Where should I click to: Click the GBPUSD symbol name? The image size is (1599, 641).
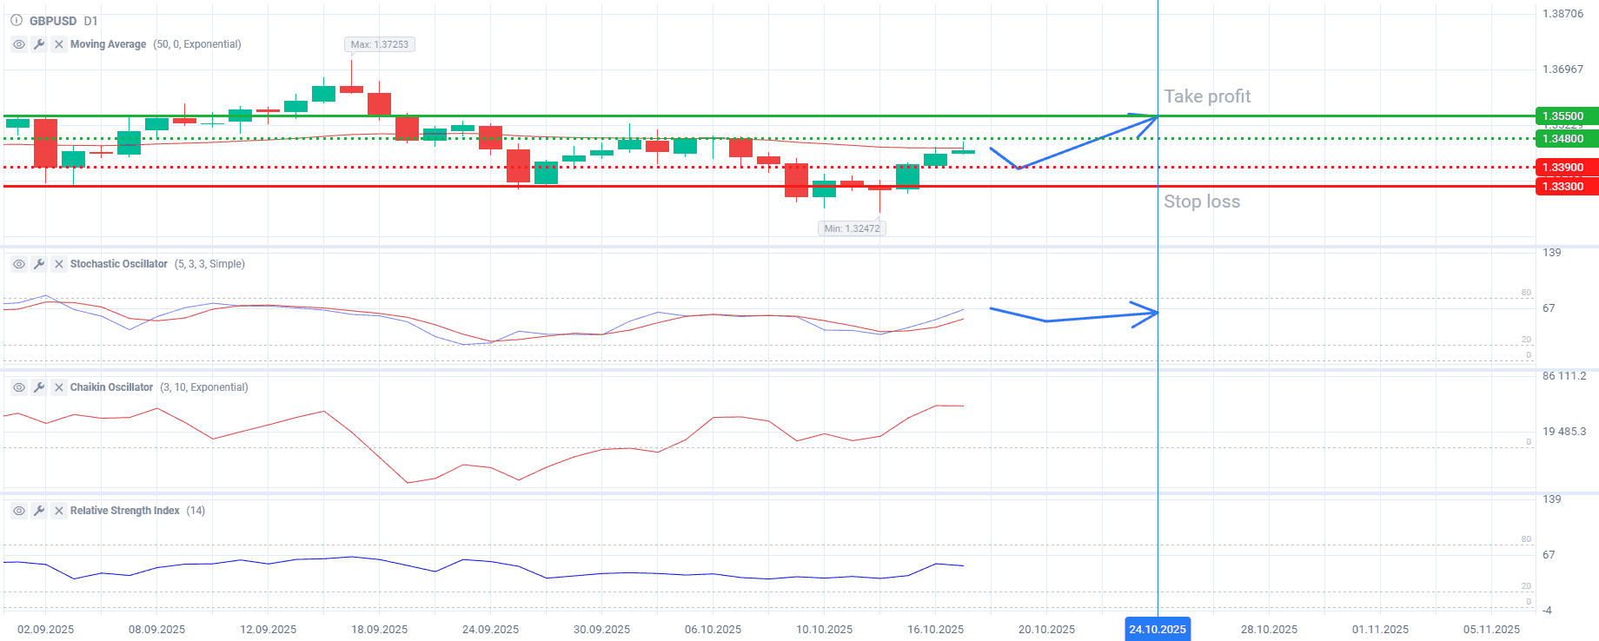pyautogui.click(x=53, y=21)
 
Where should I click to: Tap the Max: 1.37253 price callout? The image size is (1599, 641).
pyautogui.click(x=380, y=44)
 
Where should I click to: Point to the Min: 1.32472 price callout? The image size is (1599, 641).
pyautogui.click(x=852, y=228)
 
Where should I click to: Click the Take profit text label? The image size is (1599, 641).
pyautogui.click(x=1207, y=96)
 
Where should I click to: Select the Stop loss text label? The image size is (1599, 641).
pyautogui.click(x=1202, y=202)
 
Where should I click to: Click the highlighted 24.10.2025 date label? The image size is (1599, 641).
pyautogui.click(x=1158, y=630)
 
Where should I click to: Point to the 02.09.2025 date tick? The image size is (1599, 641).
pyautogui.click(x=46, y=630)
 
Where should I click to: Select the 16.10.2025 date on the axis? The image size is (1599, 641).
pyautogui.click(x=935, y=630)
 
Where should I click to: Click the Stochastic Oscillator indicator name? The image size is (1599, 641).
pyautogui.click(x=119, y=264)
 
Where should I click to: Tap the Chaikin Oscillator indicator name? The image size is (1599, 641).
pyautogui.click(x=111, y=387)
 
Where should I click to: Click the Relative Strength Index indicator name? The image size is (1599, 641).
pyautogui.click(x=125, y=511)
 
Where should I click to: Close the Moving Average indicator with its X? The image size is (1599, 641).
pyautogui.click(x=59, y=44)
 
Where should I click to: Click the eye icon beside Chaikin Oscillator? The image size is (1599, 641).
pyautogui.click(x=19, y=387)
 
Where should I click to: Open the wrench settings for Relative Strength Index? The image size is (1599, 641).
pyautogui.click(x=39, y=511)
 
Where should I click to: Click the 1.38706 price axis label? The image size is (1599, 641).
pyautogui.click(x=1563, y=14)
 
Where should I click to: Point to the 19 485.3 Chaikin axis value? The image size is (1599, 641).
pyautogui.click(x=1563, y=432)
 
